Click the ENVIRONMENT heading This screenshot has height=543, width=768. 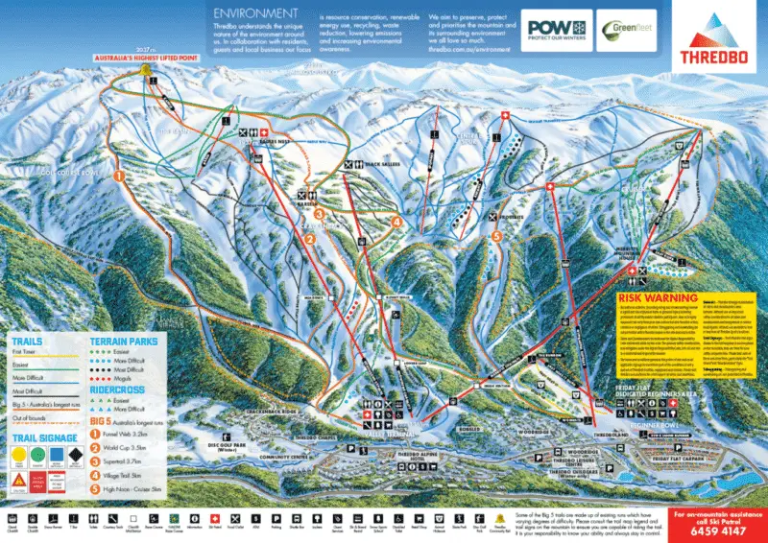253,12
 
